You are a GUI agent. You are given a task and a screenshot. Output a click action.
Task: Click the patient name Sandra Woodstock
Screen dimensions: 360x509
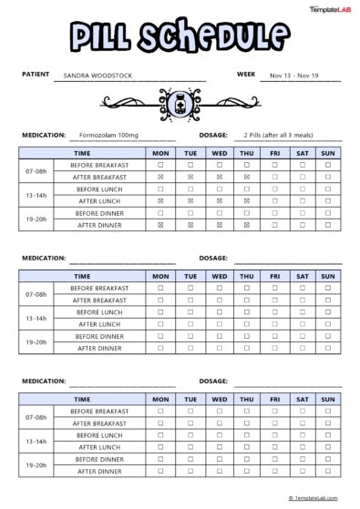[100, 76]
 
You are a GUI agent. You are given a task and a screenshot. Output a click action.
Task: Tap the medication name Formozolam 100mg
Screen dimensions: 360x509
[108, 134]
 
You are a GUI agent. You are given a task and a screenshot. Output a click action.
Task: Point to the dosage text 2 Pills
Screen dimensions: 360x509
[259, 134]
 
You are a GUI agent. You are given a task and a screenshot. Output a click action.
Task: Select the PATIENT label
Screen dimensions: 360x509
[36, 74]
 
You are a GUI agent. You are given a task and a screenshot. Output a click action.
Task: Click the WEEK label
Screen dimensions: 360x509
[245, 74]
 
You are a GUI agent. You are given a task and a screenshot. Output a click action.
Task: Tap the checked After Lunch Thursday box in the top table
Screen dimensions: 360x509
[247, 200]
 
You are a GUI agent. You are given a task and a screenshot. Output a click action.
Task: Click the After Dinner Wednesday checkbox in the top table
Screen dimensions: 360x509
[219, 224]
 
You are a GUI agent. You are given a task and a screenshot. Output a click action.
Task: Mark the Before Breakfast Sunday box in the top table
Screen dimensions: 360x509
[328, 165]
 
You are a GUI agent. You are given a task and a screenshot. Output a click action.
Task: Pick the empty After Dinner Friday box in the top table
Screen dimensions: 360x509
[274, 224]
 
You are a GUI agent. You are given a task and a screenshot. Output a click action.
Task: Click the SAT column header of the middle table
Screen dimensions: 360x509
[302, 276]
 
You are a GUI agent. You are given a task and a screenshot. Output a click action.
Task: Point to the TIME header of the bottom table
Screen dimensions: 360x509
[82, 399]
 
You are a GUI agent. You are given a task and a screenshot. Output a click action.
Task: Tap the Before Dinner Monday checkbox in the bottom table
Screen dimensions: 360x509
[160, 459]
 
